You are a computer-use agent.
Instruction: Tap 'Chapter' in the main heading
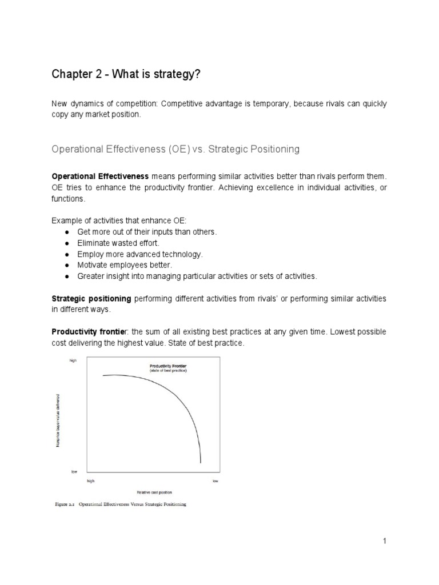[71, 75]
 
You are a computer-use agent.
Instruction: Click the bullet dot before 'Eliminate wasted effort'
[67, 243]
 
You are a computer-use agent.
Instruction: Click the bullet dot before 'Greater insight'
[67, 277]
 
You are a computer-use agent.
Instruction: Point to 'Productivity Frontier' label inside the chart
[168, 366]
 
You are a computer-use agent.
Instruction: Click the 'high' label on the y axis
[73, 361]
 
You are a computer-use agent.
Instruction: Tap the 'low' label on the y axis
[74, 472]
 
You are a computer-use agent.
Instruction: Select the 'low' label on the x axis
[215, 481]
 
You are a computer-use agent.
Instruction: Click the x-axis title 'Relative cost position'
[154, 492]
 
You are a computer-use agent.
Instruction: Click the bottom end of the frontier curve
[201, 462]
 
